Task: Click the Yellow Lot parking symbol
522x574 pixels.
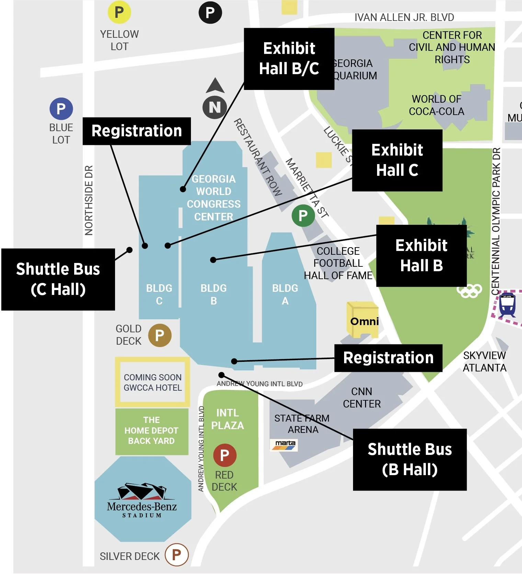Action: click(119, 12)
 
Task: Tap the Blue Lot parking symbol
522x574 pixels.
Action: click(61, 109)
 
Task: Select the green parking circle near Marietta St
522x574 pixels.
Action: click(303, 216)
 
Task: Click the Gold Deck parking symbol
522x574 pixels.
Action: click(160, 335)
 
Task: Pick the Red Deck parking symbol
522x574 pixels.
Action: click(225, 455)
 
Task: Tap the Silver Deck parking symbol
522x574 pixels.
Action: click(177, 554)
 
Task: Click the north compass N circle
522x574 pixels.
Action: click(215, 107)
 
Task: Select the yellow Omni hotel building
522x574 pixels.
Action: click(363, 319)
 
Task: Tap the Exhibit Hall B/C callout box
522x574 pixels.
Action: click(289, 59)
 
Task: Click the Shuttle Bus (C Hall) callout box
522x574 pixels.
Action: click(58, 279)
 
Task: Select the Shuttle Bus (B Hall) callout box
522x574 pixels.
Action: click(409, 459)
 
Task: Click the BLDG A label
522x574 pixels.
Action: click(285, 294)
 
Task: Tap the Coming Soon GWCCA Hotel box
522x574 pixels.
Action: click(152, 382)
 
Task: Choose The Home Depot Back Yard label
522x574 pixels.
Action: click(151, 430)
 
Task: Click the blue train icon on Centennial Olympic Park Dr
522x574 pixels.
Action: click(507, 305)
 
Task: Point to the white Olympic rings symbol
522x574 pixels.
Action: click(469, 291)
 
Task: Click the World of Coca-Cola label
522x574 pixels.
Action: click(436, 105)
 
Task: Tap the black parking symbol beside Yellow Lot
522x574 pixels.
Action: click(210, 12)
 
